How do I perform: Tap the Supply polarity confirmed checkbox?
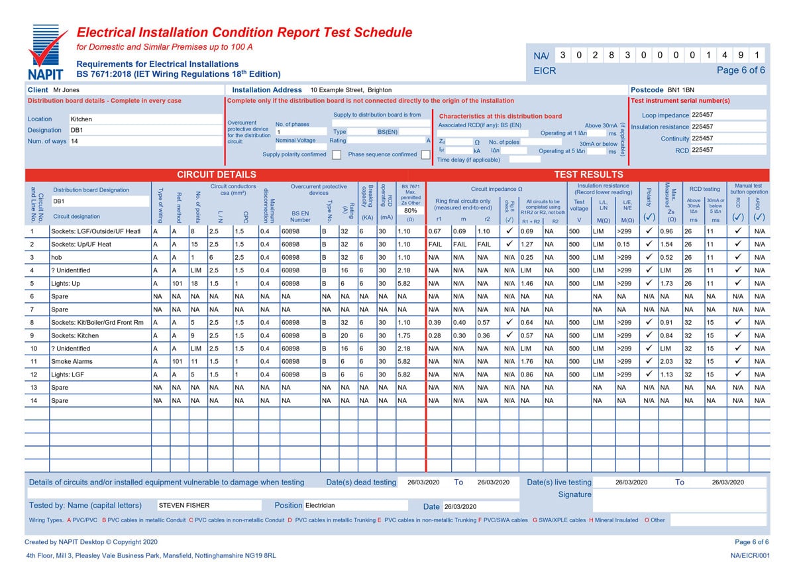337,155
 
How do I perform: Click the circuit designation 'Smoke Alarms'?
72,362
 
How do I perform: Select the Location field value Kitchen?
81,119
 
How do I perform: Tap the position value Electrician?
320,506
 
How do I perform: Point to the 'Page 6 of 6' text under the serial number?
741,70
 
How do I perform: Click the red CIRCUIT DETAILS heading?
211,175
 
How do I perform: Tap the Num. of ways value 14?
74,141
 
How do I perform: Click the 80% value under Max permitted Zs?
410,210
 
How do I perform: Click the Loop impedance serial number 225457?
702,115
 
